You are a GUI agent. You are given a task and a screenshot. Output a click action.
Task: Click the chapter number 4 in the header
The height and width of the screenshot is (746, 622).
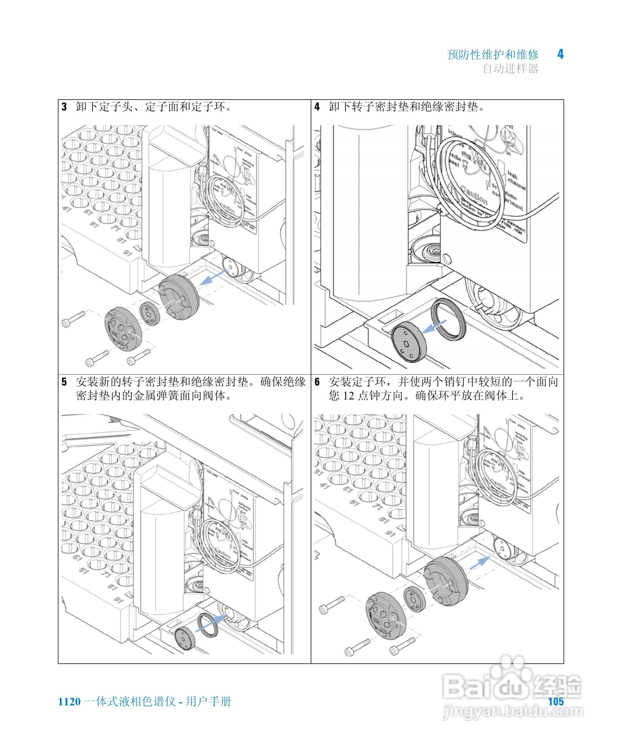point(560,54)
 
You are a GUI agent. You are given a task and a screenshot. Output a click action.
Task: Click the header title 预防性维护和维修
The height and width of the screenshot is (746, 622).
point(493,55)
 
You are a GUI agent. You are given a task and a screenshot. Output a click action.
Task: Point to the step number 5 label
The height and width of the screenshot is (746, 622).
point(64,382)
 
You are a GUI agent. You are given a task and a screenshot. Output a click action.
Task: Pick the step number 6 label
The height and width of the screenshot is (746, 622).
point(317,382)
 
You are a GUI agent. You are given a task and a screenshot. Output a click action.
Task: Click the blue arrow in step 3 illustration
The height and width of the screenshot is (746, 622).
point(213,277)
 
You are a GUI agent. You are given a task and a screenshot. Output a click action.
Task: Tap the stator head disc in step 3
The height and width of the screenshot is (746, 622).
point(123,329)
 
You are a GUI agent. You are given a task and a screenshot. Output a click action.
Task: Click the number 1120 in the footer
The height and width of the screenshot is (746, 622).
point(69,702)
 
